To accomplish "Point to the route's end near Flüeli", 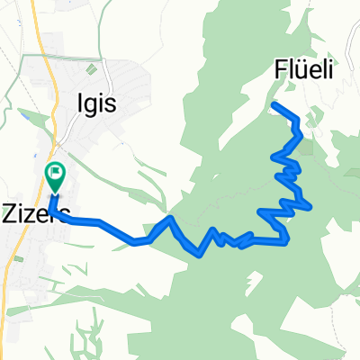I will click(x=274, y=106).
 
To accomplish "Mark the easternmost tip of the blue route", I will click(x=311, y=207).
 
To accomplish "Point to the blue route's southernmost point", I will click(x=199, y=254).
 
